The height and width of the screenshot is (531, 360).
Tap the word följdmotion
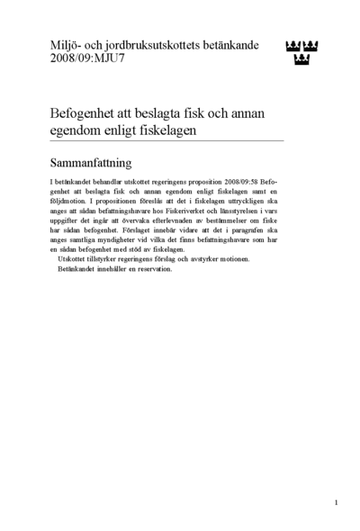tap(73, 203)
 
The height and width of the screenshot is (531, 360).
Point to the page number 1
tap(336, 502)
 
